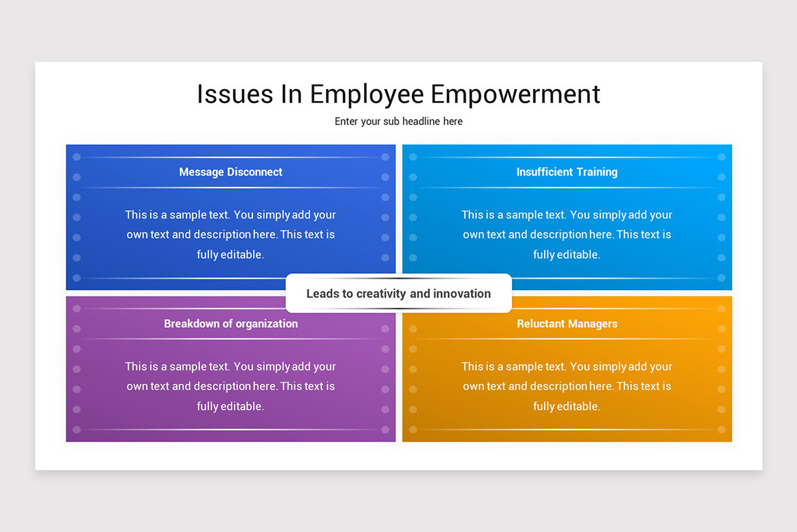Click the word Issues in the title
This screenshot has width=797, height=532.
click(235, 94)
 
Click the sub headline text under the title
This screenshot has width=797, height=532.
click(398, 122)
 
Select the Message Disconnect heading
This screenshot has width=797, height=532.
click(230, 172)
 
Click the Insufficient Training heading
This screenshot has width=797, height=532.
click(567, 172)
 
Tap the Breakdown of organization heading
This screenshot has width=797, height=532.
click(230, 324)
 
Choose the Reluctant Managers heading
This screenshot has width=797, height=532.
click(567, 324)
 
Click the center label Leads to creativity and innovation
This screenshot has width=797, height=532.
click(398, 294)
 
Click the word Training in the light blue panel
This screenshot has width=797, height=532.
click(597, 172)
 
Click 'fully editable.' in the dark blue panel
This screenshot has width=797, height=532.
click(230, 255)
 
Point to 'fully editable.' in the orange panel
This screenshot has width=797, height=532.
click(567, 406)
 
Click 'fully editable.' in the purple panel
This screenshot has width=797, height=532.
click(230, 406)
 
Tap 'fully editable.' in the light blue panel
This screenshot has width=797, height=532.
click(567, 255)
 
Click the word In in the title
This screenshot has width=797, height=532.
click(292, 94)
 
